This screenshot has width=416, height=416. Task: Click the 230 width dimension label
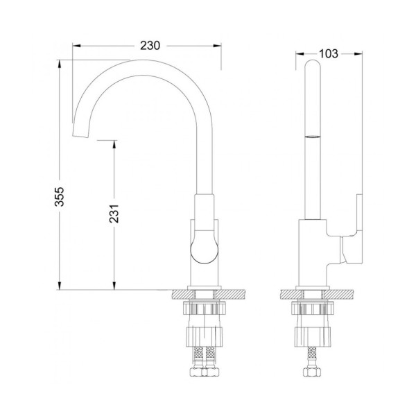pyautogui.click(x=150, y=46)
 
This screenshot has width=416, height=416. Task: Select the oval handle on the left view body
pyautogui.click(x=202, y=245)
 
